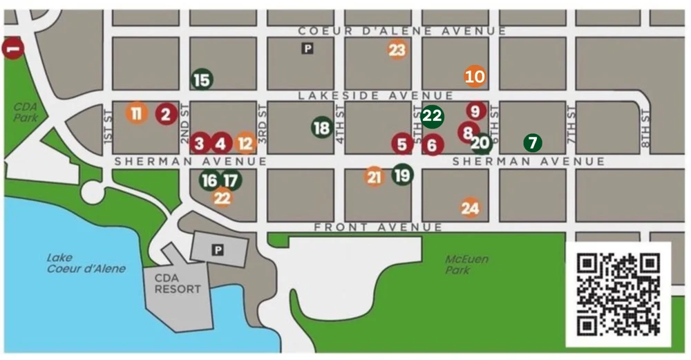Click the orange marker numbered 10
click(x=475, y=76)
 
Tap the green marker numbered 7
click(x=531, y=143)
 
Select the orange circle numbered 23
click(x=397, y=50)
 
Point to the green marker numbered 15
click(x=202, y=80)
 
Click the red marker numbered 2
click(x=166, y=114)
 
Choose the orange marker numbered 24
click(x=470, y=207)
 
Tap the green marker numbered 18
click(x=321, y=128)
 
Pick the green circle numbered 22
click(x=432, y=116)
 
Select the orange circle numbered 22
click(x=222, y=198)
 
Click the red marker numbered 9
click(x=475, y=111)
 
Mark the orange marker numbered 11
click(x=137, y=113)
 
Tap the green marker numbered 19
click(x=402, y=175)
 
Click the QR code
click(x=618, y=294)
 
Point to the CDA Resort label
click(x=178, y=283)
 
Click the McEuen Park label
click(x=466, y=264)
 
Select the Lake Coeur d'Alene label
click(x=86, y=263)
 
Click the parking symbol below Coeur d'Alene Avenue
click(x=307, y=48)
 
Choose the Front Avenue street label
click(x=378, y=227)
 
